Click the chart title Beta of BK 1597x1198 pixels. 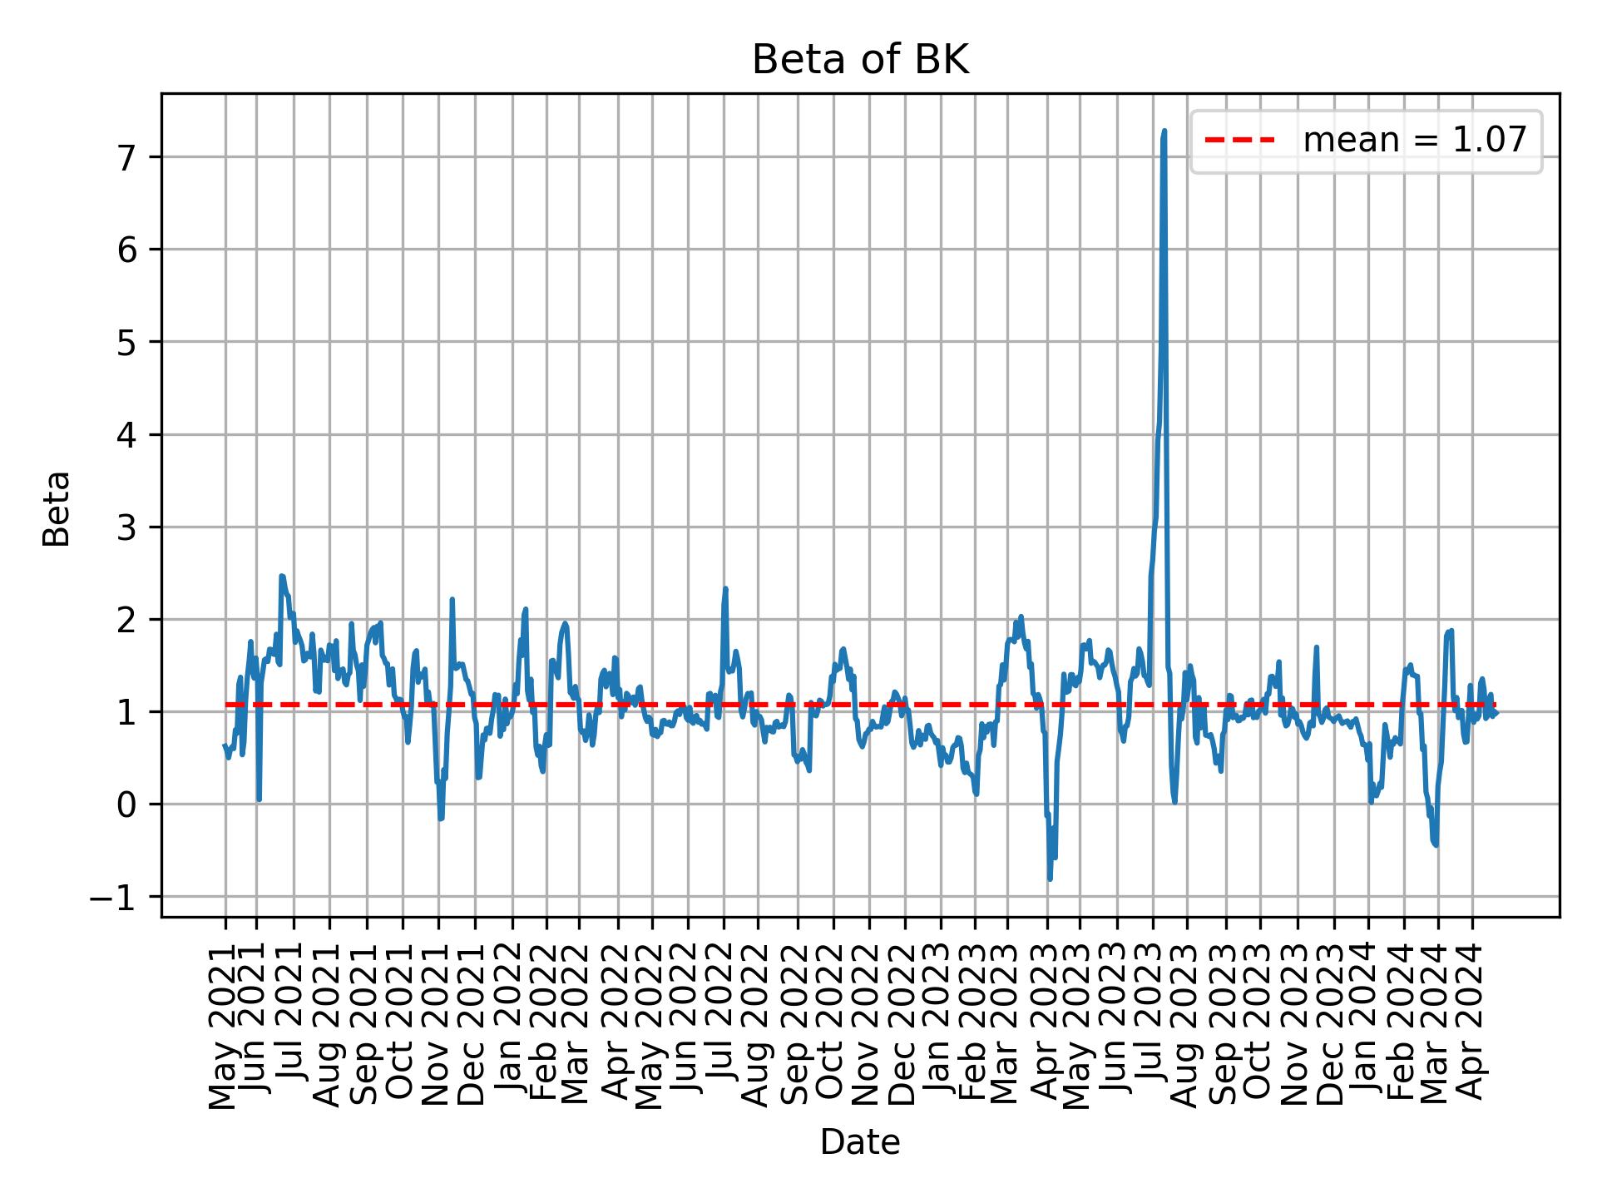(860, 61)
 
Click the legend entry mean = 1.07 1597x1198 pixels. (1414, 141)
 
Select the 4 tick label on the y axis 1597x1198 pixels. (126, 435)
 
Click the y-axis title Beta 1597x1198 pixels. (57, 508)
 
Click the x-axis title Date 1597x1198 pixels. (860, 1142)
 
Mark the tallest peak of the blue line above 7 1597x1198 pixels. (1164, 131)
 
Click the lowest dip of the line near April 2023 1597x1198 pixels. (1050, 879)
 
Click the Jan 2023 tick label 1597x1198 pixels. (940, 1022)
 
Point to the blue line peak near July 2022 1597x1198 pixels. (725, 589)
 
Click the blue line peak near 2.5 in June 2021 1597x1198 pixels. (282, 576)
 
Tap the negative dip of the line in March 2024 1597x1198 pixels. (1436, 845)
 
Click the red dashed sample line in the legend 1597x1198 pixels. (1239, 141)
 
